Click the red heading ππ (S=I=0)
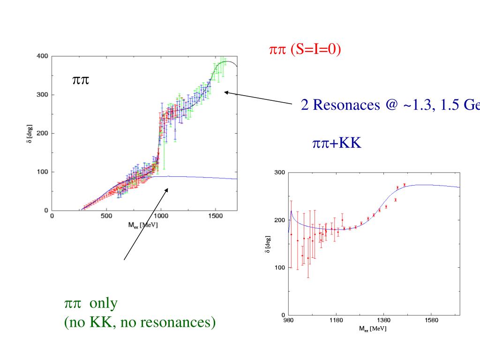point(304,50)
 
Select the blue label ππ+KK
point(337,143)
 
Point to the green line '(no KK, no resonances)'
point(140,322)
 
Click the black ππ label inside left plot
point(81,80)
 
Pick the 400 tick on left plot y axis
point(42,56)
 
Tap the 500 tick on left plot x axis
point(106,217)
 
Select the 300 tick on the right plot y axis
point(279,172)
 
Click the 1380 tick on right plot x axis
point(383,321)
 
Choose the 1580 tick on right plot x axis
point(431,321)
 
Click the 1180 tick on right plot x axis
point(336,321)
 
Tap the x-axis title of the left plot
point(142,224)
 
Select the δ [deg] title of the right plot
point(266,244)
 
